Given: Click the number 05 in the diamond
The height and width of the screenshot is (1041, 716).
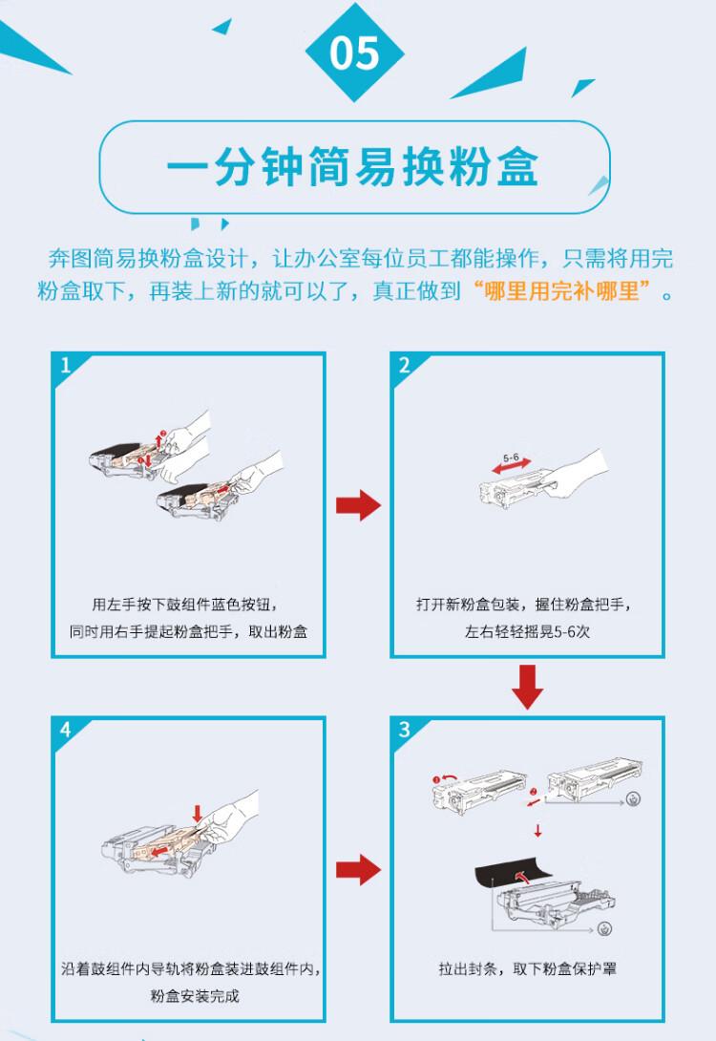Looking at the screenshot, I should click(x=354, y=53).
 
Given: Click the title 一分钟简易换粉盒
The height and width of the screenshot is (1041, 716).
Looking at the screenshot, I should click(x=353, y=168).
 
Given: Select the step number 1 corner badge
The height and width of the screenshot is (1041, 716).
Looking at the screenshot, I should click(x=65, y=366).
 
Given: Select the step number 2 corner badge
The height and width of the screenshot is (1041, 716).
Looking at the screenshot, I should click(x=404, y=366).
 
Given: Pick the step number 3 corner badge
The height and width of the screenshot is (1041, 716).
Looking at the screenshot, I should click(x=404, y=730).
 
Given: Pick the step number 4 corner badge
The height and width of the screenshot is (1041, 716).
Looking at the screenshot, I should click(x=65, y=730).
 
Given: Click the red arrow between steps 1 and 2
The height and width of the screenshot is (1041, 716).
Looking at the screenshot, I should click(x=358, y=505).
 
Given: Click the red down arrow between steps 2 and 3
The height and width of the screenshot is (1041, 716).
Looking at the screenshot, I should click(x=527, y=686).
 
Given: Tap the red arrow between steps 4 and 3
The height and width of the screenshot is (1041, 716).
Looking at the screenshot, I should click(x=358, y=869).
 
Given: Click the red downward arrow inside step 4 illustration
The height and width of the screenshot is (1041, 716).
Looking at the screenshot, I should click(x=198, y=814).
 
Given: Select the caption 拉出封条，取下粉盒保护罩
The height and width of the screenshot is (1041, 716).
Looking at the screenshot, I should click(x=527, y=968).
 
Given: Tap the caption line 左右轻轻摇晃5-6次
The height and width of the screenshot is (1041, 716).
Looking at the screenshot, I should click(x=527, y=632).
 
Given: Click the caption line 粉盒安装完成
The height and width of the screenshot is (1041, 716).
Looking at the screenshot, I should click(x=195, y=996).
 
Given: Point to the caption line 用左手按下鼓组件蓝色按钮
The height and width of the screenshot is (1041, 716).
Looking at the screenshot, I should click(x=187, y=605).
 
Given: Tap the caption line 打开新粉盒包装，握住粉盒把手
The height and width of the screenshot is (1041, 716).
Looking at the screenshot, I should click(x=524, y=605).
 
